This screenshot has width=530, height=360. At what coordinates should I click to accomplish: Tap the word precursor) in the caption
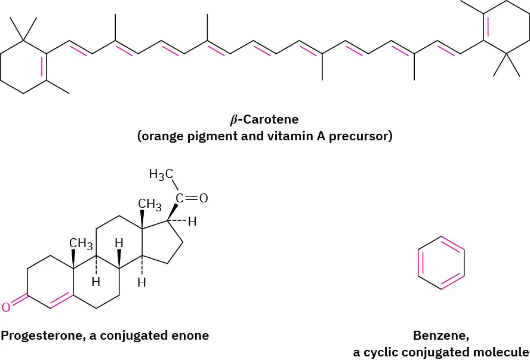click(x=363, y=136)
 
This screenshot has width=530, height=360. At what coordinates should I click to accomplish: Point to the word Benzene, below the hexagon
click(x=440, y=335)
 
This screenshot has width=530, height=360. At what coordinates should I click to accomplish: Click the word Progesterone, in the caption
click(x=43, y=335)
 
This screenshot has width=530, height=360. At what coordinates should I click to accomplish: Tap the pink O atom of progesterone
click(x=5, y=307)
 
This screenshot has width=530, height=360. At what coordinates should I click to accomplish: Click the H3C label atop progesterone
click(x=161, y=175)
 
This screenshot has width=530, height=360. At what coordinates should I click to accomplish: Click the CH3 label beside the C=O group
click(x=150, y=205)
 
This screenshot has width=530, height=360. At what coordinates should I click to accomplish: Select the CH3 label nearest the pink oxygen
click(x=81, y=243)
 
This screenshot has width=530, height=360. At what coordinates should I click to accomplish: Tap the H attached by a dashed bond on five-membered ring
click(x=192, y=222)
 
